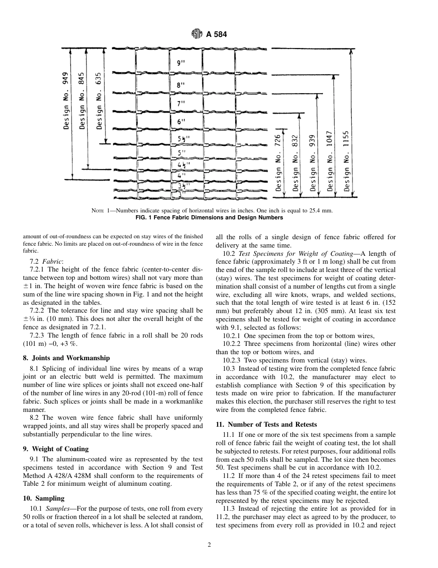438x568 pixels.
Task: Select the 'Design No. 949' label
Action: (x=66, y=100)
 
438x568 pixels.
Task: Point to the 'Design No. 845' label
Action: (x=82, y=100)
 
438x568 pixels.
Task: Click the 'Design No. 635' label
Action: (x=99, y=100)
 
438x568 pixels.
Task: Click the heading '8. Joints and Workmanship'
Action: (x=66, y=358)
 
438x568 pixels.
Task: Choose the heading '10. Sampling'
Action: (x=44, y=498)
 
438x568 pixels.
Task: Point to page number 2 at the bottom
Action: (x=209, y=545)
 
